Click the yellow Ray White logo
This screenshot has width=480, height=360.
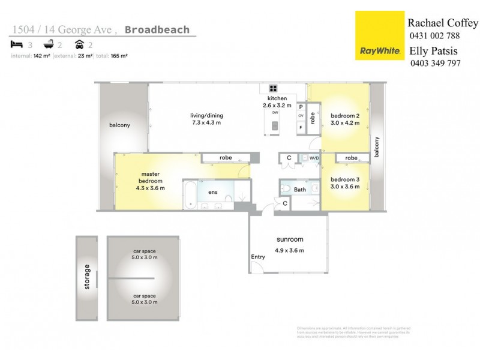379,35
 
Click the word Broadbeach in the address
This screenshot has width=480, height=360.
160,29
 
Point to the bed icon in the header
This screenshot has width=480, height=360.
17,44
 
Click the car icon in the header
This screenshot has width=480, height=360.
79,44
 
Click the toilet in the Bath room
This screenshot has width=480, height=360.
286,190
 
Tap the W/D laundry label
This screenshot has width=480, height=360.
314,158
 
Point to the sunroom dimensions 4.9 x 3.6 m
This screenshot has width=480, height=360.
289,250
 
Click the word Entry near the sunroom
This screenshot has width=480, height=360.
258,257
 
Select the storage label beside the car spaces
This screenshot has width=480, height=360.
86,277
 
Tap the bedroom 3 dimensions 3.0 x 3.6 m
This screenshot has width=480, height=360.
345,187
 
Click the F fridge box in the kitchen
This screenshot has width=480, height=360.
301,127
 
